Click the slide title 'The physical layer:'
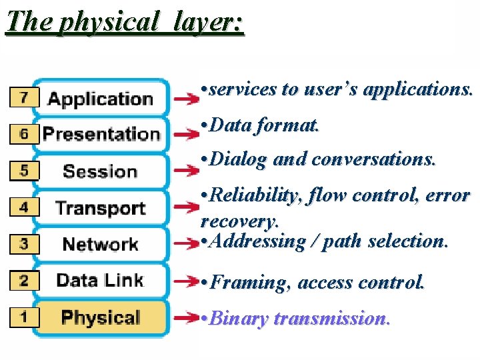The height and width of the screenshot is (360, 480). pyautogui.click(x=125, y=22)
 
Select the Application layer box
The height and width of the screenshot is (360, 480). pyautogui.click(x=101, y=99)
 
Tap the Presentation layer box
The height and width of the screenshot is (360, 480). pyautogui.click(x=101, y=134)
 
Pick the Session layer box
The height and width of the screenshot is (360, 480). pyautogui.click(x=100, y=171)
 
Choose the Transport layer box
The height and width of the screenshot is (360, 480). pyautogui.click(x=100, y=207)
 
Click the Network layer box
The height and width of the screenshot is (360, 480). pyautogui.click(x=100, y=244)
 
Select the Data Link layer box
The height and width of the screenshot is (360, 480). pyautogui.click(x=100, y=280)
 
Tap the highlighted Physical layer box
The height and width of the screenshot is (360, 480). pyautogui.click(x=100, y=317)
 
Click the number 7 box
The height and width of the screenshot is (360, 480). pyautogui.click(x=24, y=98)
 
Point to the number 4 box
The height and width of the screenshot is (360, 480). pyautogui.click(x=24, y=207)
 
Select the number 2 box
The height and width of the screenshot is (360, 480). pyautogui.click(x=24, y=280)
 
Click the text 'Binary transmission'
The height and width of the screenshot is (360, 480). pyautogui.click(x=299, y=319)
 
